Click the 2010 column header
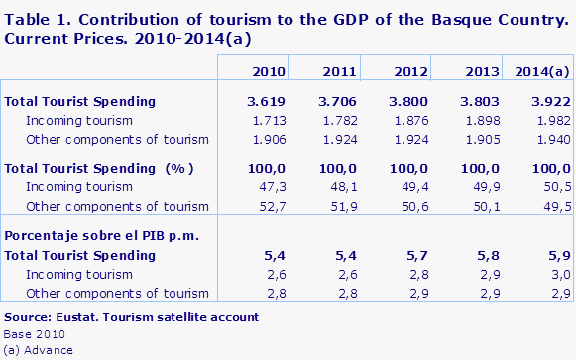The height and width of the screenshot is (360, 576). click(x=270, y=71)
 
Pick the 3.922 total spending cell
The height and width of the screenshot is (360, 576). click(x=548, y=101)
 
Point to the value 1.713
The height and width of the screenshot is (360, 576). click(x=269, y=121)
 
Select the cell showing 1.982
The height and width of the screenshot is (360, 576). click(x=551, y=121)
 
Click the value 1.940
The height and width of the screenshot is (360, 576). click(x=551, y=140)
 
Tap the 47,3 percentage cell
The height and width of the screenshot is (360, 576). click(x=274, y=186)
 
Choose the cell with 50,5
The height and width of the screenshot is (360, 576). click(x=556, y=186)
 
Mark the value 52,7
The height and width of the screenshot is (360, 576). click(x=274, y=206)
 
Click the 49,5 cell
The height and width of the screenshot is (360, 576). click(x=556, y=206)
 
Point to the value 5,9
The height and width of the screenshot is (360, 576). click(x=560, y=255)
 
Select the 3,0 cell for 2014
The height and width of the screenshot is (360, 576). click(x=560, y=274)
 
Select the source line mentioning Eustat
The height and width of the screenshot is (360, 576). click(x=131, y=317)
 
